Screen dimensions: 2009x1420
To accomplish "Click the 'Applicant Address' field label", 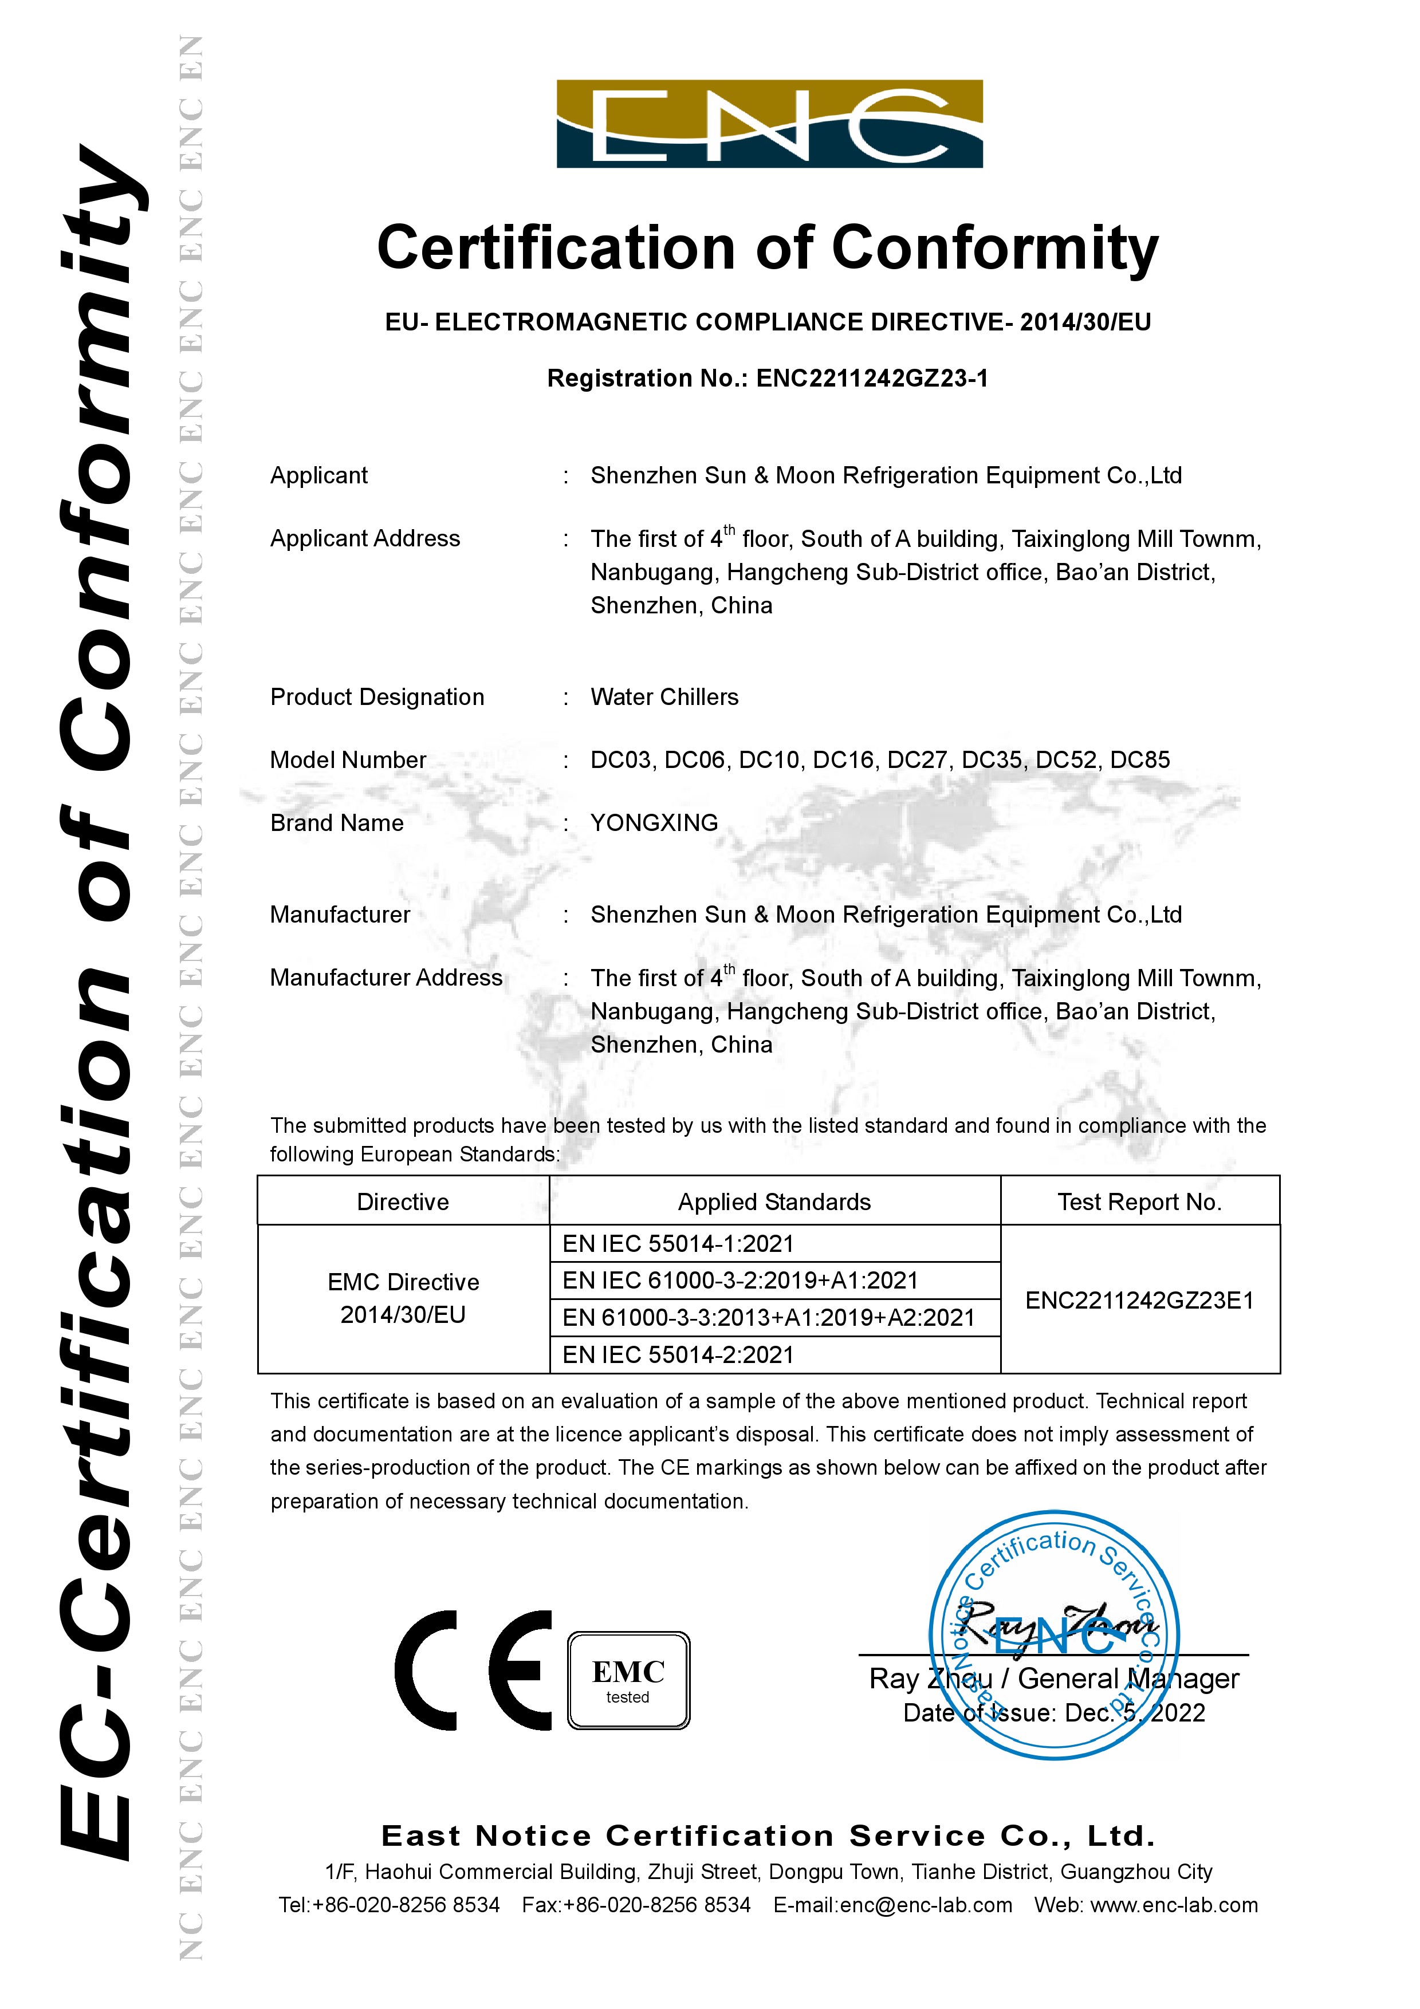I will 365,538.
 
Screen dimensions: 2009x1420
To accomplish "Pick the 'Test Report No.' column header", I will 1139,1202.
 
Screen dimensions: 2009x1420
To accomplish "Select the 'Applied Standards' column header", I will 774,1202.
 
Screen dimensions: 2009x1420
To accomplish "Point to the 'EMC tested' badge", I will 628,1680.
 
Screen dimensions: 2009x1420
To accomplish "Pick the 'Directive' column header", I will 403,1202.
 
